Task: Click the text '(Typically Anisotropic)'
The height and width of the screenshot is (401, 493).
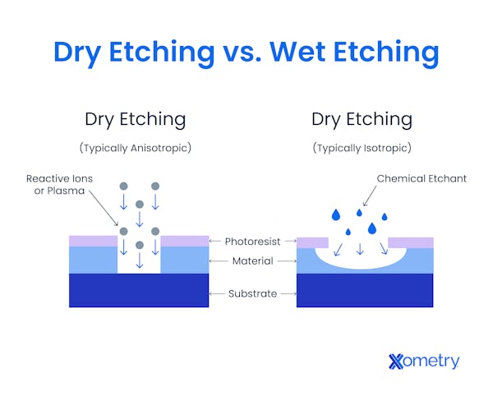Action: click(135, 148)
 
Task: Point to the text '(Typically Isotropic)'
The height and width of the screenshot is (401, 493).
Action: click(362, 148)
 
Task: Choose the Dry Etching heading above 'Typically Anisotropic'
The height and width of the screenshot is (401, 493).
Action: click(135, 119)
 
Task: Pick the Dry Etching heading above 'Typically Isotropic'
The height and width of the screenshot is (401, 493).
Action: click(362, 119)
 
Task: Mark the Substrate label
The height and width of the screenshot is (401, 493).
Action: click(252, 293)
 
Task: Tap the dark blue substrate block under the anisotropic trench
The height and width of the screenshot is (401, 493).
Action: click(138, 290)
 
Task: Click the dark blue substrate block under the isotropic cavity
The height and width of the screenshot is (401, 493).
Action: click(364, 290)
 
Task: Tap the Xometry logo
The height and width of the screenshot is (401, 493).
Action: click(423, 362)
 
